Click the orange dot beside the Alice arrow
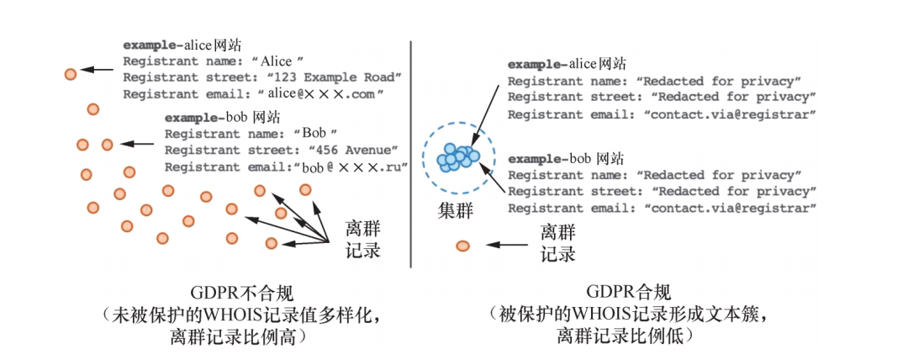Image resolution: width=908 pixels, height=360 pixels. pos(71,74)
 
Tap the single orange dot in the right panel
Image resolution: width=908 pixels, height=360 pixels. pos(463,246)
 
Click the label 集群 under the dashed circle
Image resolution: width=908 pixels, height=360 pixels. pos(455,210)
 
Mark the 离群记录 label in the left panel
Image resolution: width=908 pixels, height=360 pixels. pos(364,239)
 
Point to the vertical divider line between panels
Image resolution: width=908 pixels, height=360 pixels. pos(411,151)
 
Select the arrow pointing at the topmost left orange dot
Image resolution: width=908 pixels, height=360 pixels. pos(100,72)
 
